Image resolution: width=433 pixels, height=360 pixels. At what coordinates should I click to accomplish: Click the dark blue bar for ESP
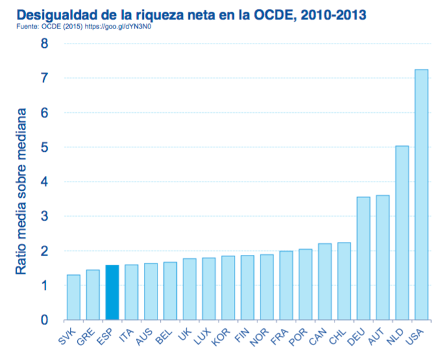(x=112, y=293)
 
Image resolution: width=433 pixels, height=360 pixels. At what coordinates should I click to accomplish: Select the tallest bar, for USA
(x=421, y=195)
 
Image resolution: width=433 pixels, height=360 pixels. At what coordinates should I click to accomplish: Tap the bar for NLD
(x=402, y=233)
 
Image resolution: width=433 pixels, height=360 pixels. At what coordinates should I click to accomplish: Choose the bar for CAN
(x=325, y=282)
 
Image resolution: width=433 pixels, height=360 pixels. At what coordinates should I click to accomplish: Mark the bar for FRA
(x=286, y=285)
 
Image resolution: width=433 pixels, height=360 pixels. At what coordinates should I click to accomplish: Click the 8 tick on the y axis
(x=44, y=43)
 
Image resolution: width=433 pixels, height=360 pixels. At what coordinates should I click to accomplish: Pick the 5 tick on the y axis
(x=44, y=147)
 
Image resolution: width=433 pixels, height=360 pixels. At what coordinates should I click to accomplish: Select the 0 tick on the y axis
(x=44, y=320)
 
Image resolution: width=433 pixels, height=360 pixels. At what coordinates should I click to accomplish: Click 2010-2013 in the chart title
(x=327, y=12)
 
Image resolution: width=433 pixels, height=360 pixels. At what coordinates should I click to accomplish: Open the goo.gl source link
(x=126, y=27)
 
